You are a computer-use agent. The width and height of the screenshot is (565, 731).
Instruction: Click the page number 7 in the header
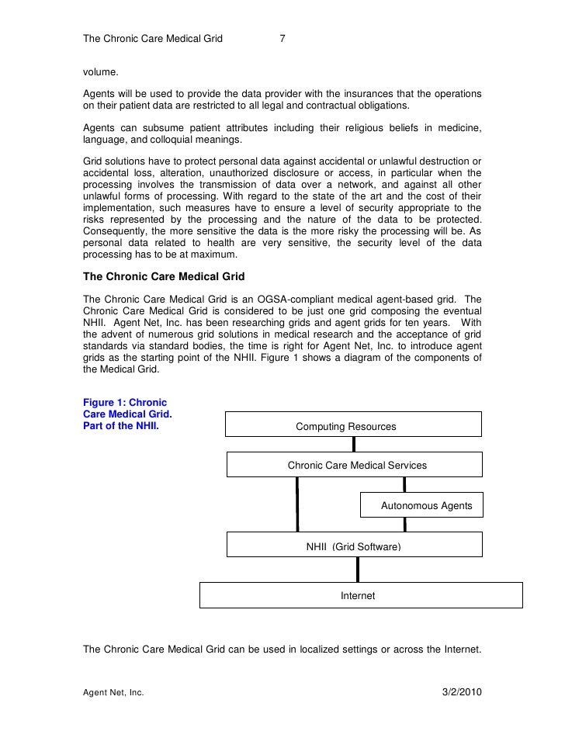point(283,37)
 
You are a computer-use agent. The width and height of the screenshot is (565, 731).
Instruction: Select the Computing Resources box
point(353,426)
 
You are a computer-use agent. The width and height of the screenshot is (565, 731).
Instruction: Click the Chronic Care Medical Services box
point(354,466)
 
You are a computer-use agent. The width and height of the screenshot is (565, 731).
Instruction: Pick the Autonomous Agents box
point(421,505)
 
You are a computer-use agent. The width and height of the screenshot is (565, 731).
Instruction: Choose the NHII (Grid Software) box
point(354,546)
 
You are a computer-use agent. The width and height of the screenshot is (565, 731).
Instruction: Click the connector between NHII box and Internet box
point(357,569)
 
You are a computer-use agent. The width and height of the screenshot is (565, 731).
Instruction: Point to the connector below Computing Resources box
point(354,445)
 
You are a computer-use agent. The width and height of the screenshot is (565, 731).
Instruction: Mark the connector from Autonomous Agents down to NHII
point(405,525)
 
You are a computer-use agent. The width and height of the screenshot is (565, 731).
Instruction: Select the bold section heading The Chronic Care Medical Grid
point(164,276)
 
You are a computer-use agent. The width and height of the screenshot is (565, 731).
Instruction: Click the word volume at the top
point(100,73)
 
